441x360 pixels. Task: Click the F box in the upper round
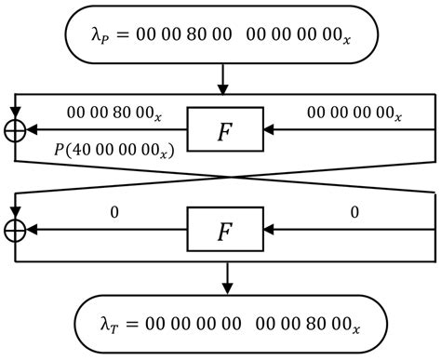click(225, 131)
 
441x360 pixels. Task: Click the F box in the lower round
click(225, 231)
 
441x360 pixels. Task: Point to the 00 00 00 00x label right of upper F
click(354, 113)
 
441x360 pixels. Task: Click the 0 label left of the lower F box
click(114, 213)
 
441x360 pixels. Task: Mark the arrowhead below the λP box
click(225, 89)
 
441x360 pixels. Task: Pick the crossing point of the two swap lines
click(225, 179)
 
